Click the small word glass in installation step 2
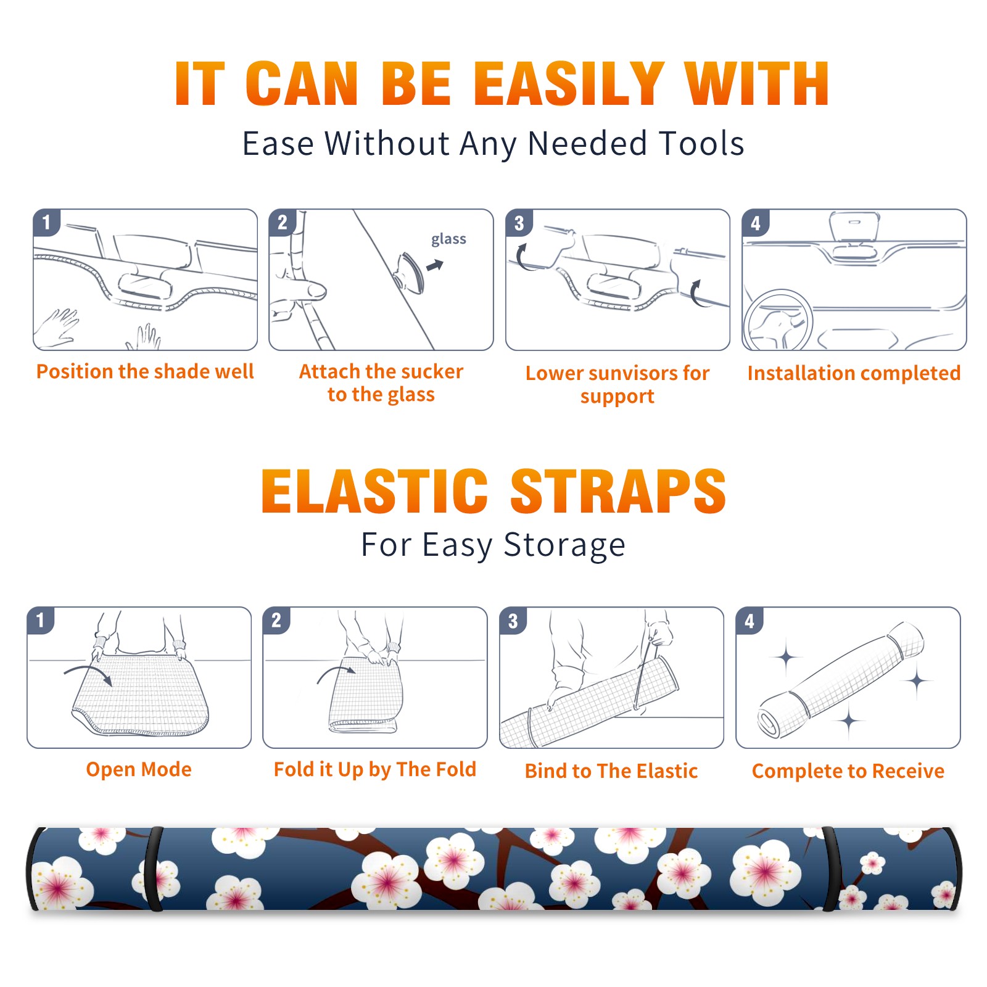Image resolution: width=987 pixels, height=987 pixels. (448, 239)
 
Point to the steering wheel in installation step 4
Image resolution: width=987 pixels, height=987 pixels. (778, 321)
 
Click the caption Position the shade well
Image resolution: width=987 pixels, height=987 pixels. (145, 371)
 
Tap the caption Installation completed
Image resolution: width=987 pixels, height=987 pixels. (854, 373)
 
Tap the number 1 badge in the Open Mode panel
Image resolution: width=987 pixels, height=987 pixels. (41, 620)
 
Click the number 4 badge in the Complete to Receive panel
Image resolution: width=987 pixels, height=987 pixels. (750, 621)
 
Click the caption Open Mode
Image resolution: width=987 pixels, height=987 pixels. (139, 769)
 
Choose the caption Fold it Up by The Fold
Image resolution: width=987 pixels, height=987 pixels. (375, 769)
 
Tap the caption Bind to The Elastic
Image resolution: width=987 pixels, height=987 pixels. (611, 771)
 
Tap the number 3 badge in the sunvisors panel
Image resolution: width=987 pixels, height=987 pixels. (519, 223)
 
